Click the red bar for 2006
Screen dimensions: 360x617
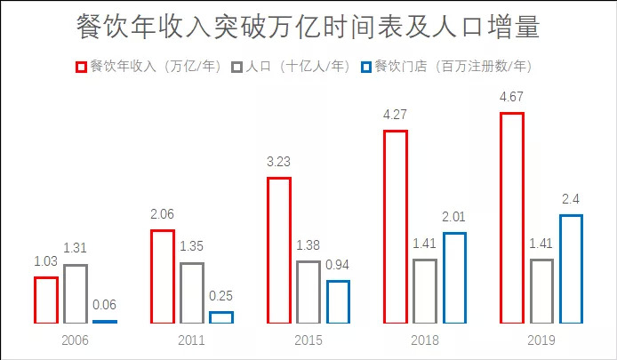(x=46, y=300)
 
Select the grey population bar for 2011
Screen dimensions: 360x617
(x=191, y=292)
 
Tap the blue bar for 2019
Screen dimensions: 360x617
(x=570, y=268)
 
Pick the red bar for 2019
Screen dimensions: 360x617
(x=512, y=218)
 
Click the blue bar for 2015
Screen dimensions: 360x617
(x=337, y=301)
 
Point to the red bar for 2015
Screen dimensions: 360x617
(x=279, y=250)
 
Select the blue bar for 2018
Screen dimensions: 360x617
(x=453, y=277)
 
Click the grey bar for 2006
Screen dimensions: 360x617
(x=76, y=293)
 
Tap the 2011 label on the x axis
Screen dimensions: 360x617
(x=191, y=340)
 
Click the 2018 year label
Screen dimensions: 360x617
(x=425, y=340)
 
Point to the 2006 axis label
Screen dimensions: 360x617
(x=75, y=340)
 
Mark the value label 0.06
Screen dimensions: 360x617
(x=104, y=305)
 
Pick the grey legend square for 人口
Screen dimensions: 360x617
(x=236, y=67)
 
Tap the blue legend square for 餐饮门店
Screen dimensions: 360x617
(x=365, y=67)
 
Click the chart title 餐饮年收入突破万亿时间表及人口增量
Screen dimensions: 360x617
(x=308, y=27)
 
